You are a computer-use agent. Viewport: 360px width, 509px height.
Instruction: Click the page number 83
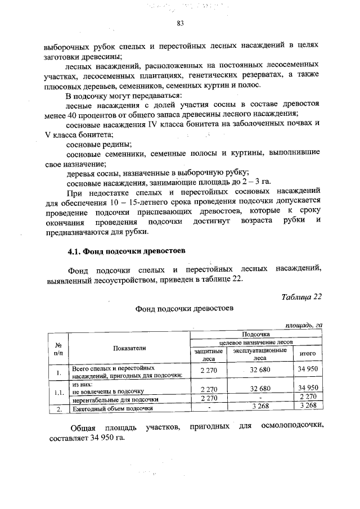coord(180,24)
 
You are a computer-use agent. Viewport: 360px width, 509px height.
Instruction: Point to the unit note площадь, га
coord(303,325)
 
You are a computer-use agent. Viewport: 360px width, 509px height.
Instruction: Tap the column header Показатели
coord(129,348)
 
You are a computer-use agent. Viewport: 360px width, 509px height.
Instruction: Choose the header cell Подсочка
coord(256,334)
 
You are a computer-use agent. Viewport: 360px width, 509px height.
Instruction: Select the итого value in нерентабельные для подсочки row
coord(308,398)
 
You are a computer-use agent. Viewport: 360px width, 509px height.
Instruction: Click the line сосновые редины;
coord(92,143)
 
